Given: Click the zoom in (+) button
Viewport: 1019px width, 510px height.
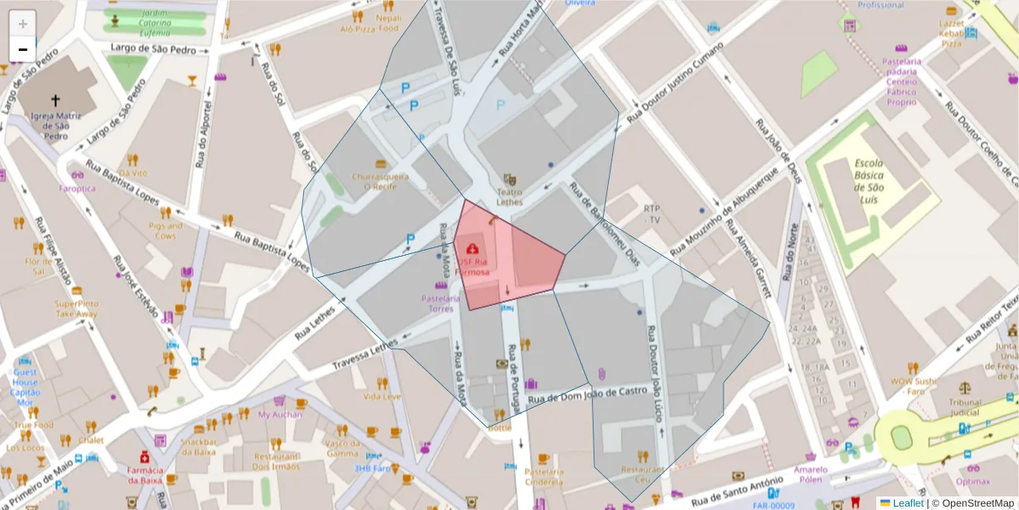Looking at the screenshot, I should [x=23, y=24].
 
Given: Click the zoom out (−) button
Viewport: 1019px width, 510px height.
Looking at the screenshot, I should [x=23, y=48].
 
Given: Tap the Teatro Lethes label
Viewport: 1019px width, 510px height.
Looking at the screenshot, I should [x=509, y=197].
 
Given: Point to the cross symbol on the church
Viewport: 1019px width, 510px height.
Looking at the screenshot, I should [x=55, y=99].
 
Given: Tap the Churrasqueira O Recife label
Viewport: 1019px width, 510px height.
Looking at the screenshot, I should [x=380, y=182].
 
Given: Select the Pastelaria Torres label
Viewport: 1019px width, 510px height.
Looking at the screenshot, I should [x=442, y=303].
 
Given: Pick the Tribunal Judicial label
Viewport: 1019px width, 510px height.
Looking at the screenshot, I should [x=965, y=408].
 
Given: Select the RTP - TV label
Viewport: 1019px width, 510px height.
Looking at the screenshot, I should [x=652, y=213].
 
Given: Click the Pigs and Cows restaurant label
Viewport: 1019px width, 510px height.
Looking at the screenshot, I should [x=166, y=230].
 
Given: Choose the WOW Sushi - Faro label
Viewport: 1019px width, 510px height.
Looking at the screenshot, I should [x=913, y=387].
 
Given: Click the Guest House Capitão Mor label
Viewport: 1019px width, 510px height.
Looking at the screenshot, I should [x=25, y=387].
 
